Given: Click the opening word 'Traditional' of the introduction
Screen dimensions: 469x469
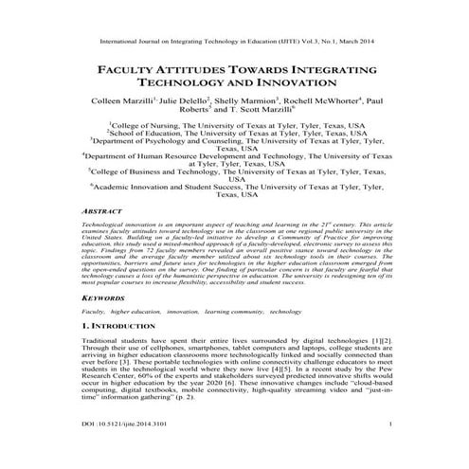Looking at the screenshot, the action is pyautogui.click(x=100, y=337).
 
